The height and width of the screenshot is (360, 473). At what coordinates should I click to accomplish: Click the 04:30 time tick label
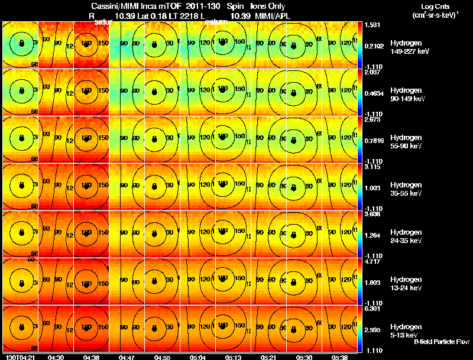point(56,357)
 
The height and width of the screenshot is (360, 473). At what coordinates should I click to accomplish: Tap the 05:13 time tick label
point(232,357)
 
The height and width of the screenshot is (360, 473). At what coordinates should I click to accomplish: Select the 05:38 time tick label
point(339,357)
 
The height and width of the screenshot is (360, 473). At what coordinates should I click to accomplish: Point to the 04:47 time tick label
point(127,357)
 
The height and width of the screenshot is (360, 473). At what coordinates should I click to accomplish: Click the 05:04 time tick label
point(197,357)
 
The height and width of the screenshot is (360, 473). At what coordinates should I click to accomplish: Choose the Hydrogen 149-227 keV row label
point(409,47)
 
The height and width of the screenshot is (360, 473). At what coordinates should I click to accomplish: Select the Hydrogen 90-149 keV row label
point(407,95)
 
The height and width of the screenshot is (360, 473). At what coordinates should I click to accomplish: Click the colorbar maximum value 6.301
point(373,309)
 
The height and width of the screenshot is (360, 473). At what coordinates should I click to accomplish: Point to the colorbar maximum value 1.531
point(373,25)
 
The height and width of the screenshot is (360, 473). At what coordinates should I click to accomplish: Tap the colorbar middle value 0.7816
point(374,141)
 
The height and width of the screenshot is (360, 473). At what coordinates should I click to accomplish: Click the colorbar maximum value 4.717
point(373,261)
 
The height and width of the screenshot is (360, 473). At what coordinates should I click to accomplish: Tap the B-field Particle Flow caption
point(442,342)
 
